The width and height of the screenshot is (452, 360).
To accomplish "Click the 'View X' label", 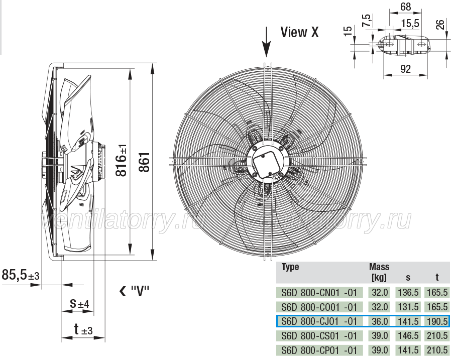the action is (300, 32).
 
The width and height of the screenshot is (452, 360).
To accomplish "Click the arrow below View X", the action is (267, 42).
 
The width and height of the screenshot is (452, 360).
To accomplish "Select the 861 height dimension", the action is (145, 162).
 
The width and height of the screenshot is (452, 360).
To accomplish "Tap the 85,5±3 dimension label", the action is (21, 275).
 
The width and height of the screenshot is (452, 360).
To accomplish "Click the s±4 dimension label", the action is (80, 303).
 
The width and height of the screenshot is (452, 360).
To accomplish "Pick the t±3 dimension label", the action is (83, 329).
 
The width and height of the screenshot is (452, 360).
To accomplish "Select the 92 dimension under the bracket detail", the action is (405, 69).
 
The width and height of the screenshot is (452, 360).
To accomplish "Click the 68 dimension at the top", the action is (406, 7).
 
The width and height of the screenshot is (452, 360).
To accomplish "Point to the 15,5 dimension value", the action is (410, 23).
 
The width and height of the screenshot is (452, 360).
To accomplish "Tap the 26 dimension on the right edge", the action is (440, 24).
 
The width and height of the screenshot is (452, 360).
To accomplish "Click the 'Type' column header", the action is (290, 267).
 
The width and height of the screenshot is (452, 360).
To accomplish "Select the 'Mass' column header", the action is (379, 267).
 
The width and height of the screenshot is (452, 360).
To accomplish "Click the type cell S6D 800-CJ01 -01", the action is (319, 321).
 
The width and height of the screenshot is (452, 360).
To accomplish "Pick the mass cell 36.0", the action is (380, 321).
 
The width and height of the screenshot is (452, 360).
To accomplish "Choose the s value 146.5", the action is (408, 335).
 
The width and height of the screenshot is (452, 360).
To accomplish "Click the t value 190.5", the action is (437, 321).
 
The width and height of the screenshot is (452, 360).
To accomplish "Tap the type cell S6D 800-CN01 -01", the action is (319, 292).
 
